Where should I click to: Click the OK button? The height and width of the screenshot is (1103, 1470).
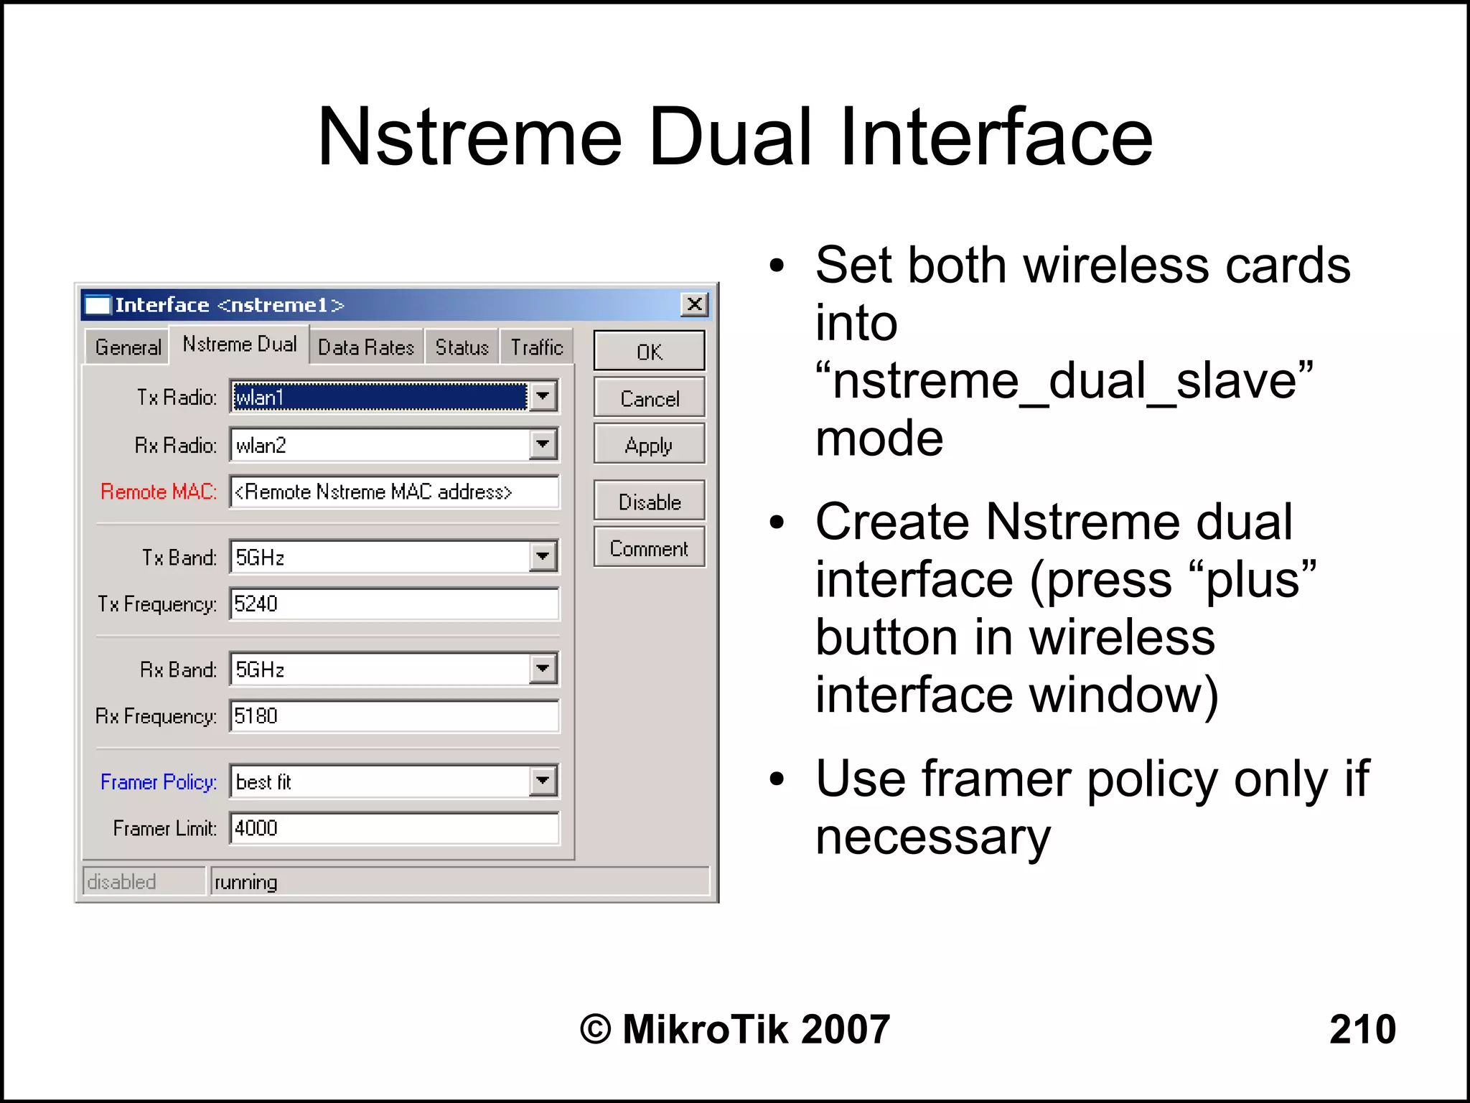pyautogui.click(x=649, y=351)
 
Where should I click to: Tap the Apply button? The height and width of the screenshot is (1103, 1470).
pyautogui.click(x=649, y=445)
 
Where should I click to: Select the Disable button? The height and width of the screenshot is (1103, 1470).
pyautogui.click(x=649, y=502)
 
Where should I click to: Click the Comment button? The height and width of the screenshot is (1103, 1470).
pyautogui.click(x=649, y=548)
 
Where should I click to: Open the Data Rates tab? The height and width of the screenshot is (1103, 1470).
pyautogui.click(x=366, y=347)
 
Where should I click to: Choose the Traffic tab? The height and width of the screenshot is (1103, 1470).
pyautogui.click(x=536, y=347)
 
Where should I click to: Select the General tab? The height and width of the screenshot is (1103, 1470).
pyautogui.click(x=128, y=347)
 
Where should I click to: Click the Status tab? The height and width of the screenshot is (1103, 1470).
pyautogui.click(x=462, y=347)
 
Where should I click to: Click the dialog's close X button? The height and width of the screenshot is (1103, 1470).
pyautogui.click(x=694, y=304)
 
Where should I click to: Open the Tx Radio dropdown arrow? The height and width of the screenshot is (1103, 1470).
pyautogui.click(x=543, y=396)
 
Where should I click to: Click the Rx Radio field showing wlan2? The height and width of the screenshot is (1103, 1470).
pyautogui.click(x=380, y=445)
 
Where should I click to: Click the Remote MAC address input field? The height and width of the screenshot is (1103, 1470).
pyautogui.click(x=393, y=492)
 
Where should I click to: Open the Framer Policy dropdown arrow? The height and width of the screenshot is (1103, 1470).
pyautogui.click(x=543, y=781)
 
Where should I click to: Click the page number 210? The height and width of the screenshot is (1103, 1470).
pyautogui.click(x=1362, y=1028)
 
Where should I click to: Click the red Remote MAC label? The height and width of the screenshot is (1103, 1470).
pyautogui.click(x=159, y=492)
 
